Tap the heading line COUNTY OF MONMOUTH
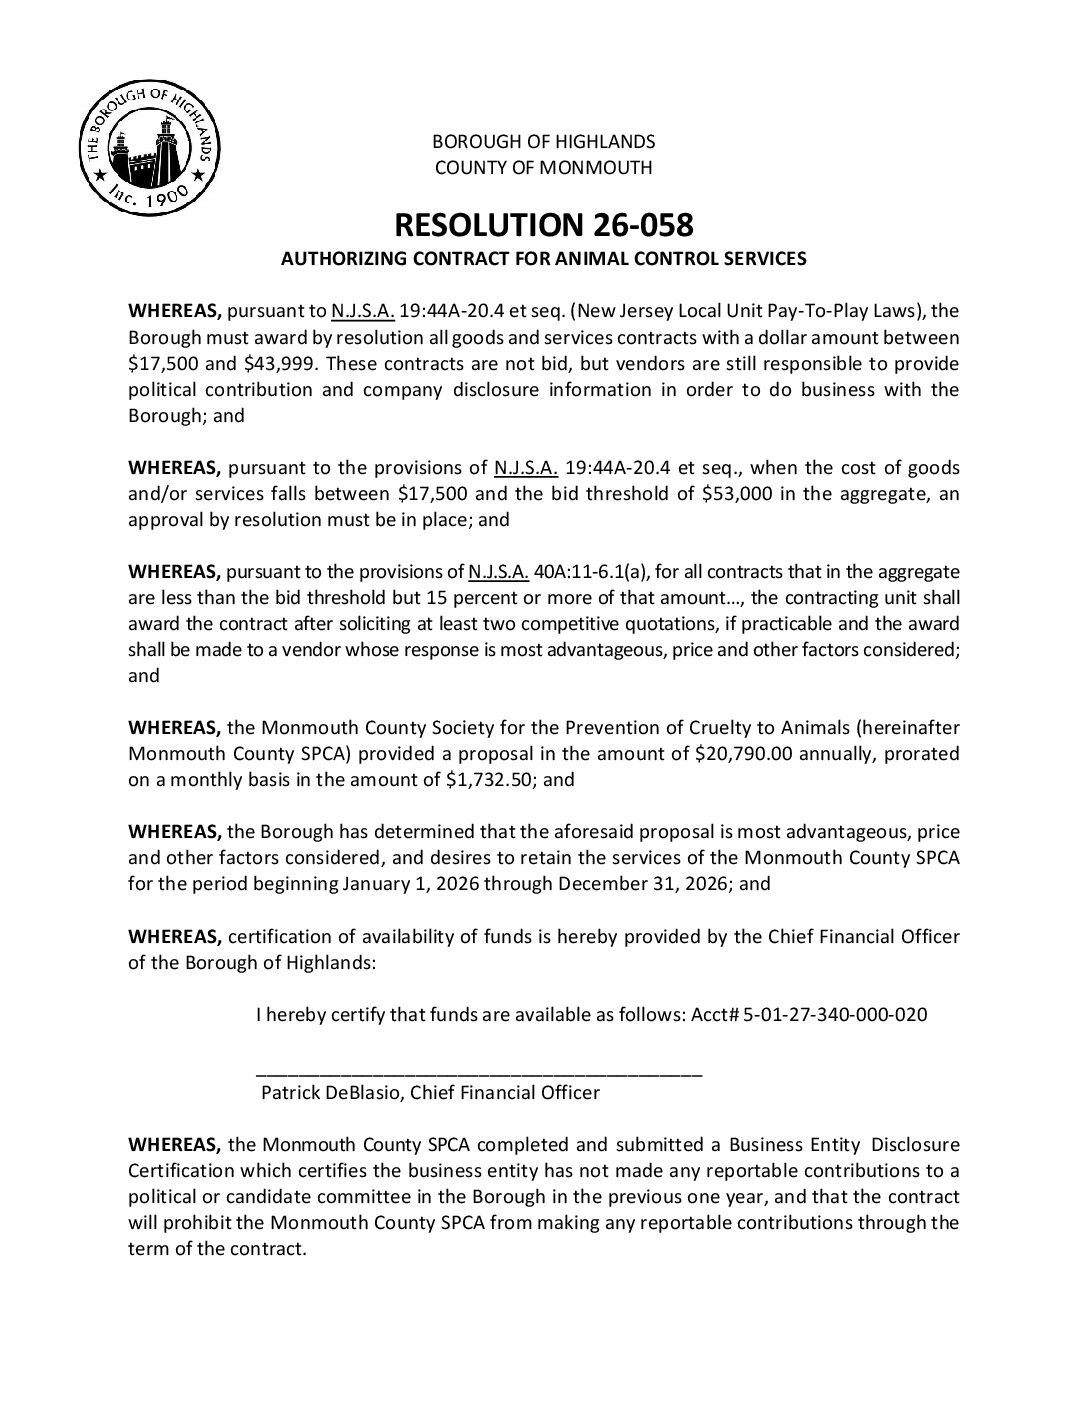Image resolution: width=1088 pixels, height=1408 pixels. point(543,167)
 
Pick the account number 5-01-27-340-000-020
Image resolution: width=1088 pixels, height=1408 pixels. point(835,1014)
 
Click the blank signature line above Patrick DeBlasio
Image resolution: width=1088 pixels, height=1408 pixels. point(480,1071)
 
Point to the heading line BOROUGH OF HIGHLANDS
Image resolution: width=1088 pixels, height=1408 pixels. point(543,141)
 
